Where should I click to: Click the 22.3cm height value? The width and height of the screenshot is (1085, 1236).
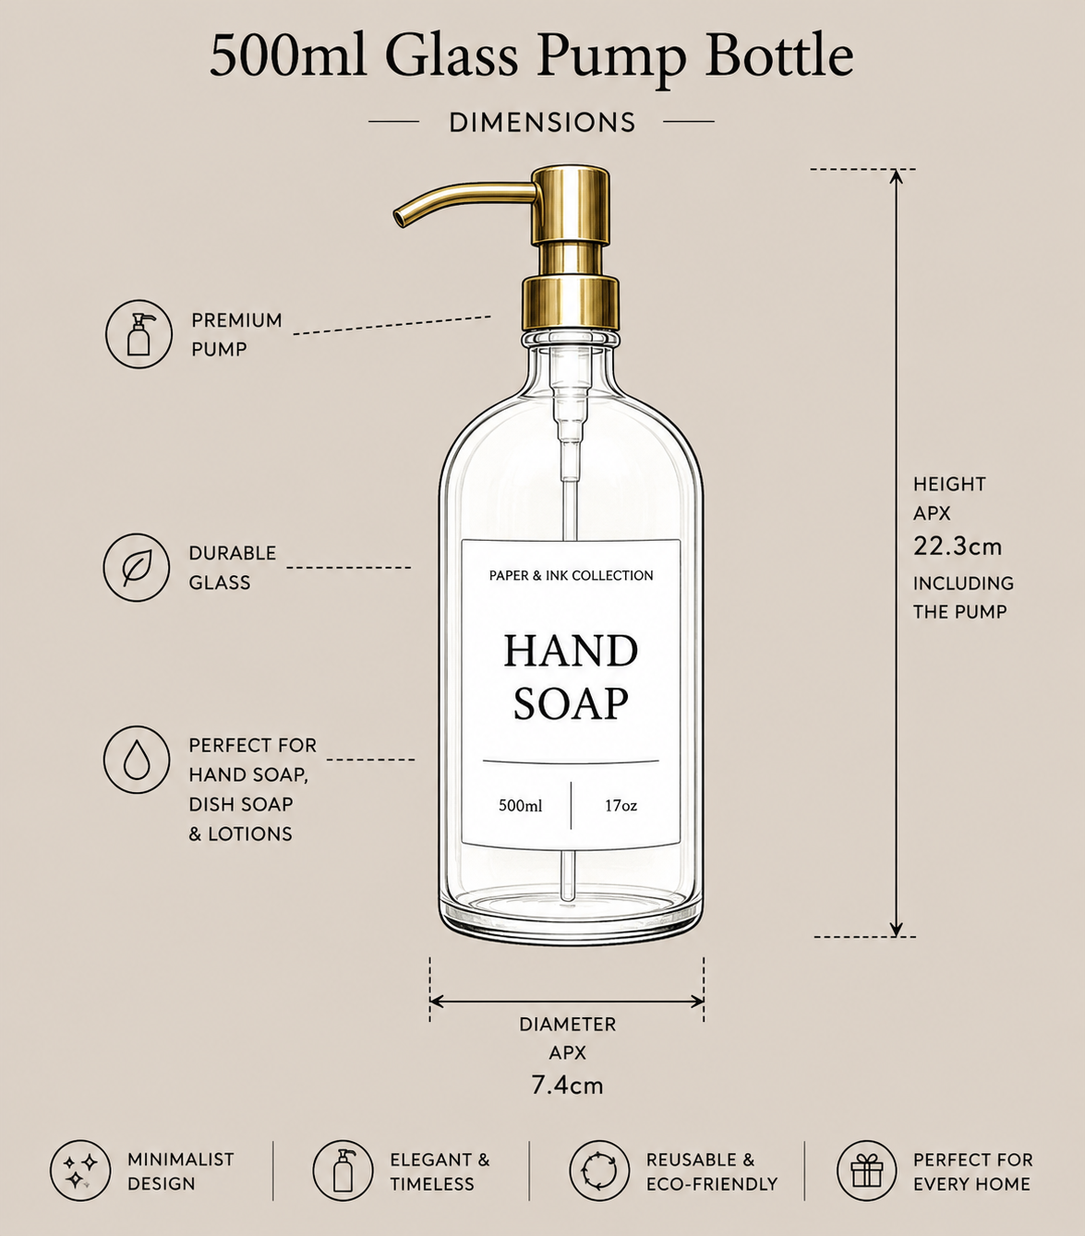pos(958,546)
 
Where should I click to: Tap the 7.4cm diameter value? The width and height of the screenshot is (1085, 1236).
pos(568,1086)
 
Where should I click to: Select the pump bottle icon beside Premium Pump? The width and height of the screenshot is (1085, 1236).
pos(139,334)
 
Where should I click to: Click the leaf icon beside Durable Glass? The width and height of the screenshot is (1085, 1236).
pos(136,568)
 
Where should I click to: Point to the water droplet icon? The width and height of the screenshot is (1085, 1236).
pos(136,760)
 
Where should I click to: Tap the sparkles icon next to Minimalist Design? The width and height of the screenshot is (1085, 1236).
pos(80,1170)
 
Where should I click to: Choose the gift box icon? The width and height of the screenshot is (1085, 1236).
pos(867,1170)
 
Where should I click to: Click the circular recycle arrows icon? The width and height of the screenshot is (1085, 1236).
pos(599,1170)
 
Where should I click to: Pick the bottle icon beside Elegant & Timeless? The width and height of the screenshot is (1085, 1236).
pos(343,1170)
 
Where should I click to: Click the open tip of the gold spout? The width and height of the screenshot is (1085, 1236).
pos(399,218)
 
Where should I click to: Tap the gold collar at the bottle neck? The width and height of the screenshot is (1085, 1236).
pos(570,303)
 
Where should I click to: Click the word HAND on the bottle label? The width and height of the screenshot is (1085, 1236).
pos(571,651)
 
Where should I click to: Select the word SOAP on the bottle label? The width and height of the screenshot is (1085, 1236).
pos(571,703)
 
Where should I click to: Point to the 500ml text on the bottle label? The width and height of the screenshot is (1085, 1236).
pos(521,806)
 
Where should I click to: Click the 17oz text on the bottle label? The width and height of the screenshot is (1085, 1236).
pos(621,806)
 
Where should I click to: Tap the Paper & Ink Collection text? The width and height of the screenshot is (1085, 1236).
pos(572,575)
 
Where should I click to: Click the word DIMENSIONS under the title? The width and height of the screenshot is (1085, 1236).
pos(542,123)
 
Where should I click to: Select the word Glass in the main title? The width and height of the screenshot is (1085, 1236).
pos(452,56)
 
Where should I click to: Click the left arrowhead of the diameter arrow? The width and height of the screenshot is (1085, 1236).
pos(437,1002)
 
